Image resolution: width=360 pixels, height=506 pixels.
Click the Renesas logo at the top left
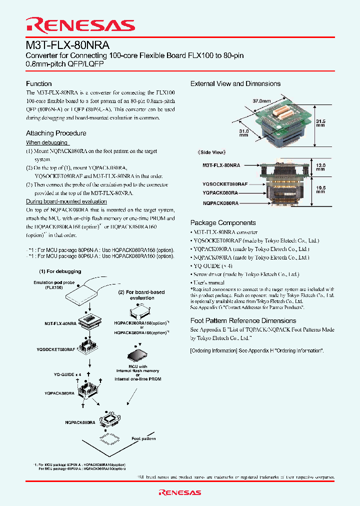click(x=80, y=25)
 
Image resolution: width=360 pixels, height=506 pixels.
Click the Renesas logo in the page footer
click(x=179, y=492)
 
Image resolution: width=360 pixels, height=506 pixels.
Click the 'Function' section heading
click(x=39, y=83)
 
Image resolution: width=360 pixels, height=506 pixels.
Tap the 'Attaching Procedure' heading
click(x=56, y=133)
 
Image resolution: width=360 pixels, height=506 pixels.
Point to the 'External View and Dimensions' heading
click(x=235, y=83)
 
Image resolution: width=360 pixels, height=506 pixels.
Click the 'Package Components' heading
click(x=223, y=222)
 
